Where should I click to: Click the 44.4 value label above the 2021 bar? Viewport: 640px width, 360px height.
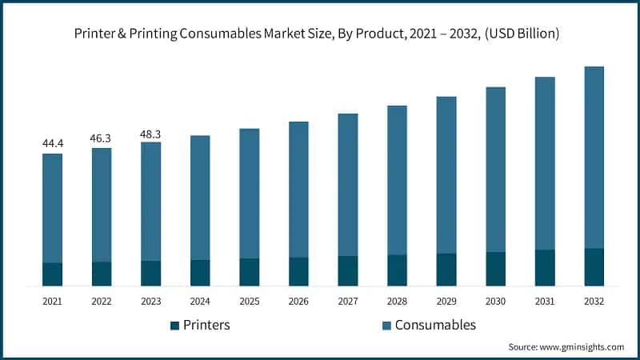(52, 143)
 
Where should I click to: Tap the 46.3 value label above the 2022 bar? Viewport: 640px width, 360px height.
(102, 138)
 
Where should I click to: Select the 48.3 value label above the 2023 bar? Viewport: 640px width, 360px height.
(150, 132)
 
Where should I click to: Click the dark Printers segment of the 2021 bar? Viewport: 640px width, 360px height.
(52, 274)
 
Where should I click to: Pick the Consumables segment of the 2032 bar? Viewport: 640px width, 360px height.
(594, 157)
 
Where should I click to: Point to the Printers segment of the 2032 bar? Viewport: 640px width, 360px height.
(594, 267)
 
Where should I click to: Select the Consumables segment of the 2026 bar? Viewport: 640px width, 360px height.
(298, 190)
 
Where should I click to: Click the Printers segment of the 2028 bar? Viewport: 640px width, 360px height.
(397, 270)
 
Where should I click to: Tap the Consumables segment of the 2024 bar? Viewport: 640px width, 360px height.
(200, 198)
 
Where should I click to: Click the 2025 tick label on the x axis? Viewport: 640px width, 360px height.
(249, 302)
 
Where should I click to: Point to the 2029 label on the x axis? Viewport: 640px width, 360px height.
(446, 302)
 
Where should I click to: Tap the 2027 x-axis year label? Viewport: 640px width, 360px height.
(348, 302)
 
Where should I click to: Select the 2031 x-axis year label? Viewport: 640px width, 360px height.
(545, 302)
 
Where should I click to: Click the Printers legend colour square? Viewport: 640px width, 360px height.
(174, 326)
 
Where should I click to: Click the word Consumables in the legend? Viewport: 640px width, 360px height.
(436, 325)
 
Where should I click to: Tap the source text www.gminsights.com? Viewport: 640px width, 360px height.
(583, 347)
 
